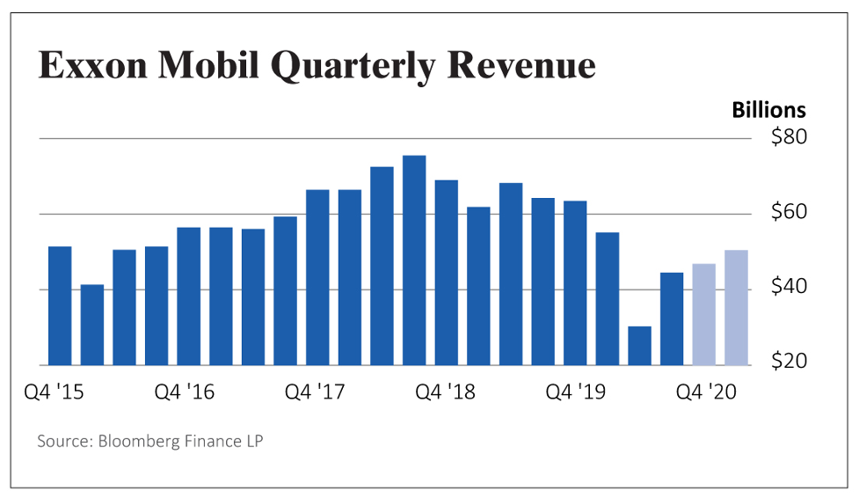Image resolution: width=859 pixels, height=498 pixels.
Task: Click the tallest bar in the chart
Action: pos(414,260)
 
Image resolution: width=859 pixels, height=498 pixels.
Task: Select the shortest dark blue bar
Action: pos(640,345)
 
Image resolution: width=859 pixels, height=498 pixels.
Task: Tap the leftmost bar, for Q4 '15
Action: pos(60,305)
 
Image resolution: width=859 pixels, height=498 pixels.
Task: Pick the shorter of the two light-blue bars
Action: pos(704,314)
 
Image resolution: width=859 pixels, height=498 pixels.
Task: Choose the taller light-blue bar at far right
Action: pos(737,307)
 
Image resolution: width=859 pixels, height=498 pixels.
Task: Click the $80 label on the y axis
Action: pos(789,138)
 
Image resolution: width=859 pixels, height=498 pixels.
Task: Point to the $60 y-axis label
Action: pos(789,213)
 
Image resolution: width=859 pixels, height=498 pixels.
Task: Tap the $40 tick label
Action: pos(789,288)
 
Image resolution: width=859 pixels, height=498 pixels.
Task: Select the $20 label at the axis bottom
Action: pos(789,363)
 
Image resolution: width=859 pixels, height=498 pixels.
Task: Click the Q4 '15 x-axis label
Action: pos(55,392)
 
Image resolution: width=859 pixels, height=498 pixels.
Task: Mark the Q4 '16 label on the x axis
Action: pos(185,392)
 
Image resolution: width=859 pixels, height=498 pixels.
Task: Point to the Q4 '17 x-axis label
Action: pos(315,392)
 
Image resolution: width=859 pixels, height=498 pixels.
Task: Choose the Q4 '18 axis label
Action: pos(445,392)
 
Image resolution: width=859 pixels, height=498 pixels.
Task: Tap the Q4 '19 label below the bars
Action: pos(576,392)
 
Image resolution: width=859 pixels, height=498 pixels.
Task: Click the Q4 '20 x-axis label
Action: pos(706,392)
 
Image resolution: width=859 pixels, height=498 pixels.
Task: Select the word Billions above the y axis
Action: pos(768,110)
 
